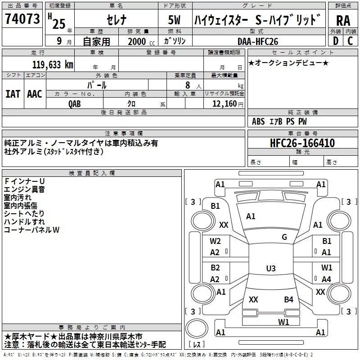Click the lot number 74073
tap(22, 19)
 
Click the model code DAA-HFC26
tap(258, 41)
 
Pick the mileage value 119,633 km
tap(53, 64)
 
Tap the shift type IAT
tap(13, 94)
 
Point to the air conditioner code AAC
tap(35, 94)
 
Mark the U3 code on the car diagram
tap(270, 269)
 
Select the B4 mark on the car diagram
tap(288, 299)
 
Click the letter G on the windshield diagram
tap(284, 237)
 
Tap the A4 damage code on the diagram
tap(326, 279)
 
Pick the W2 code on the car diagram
tap(215, 241)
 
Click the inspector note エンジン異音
tap(24, 189)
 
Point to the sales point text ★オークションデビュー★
tap(288, 63)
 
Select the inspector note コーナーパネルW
tap(31, 230)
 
